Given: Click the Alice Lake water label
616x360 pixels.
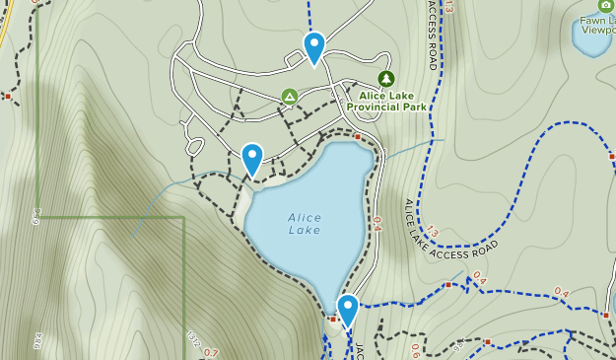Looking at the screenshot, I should (x=304, y=224).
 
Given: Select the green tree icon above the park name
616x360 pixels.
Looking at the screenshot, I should (x=386, y=79).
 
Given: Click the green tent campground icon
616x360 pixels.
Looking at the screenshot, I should (x=290, y=96).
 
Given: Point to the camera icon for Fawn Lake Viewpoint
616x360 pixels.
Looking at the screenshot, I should (x=605, y=5).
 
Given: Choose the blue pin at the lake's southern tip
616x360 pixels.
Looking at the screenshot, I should (x=348, y=309).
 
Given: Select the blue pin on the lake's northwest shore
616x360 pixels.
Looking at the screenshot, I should (x=252, y=158).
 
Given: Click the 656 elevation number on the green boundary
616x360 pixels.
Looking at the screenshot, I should (x=35, y=215).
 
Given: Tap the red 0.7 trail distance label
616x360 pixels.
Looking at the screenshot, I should (x=210, y=352).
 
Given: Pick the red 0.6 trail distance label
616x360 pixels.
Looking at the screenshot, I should (x=415, y=349).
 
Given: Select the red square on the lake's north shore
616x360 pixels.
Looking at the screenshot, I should (x=358, y=137).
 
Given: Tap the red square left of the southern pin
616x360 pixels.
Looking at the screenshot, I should (x=334, y=320).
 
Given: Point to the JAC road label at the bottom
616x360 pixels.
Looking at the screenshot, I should (x=361, y=351).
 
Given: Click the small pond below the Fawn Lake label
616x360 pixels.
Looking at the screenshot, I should (x=593, y=41).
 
